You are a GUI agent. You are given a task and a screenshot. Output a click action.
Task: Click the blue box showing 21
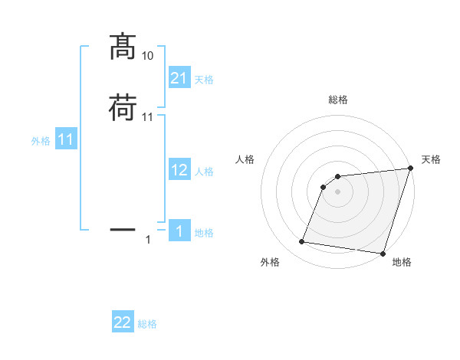179,77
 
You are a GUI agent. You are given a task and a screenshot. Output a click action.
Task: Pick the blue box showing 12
179,170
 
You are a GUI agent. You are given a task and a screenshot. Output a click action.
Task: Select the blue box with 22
123,322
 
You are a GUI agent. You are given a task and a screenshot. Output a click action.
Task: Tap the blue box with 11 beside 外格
65,140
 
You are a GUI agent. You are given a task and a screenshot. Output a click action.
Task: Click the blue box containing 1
179,231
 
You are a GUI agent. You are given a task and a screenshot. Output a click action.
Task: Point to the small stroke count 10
148,56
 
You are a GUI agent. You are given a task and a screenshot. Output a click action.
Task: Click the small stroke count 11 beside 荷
148,117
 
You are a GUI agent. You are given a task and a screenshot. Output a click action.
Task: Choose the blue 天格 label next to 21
204,80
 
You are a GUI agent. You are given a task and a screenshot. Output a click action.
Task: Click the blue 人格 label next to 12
204,172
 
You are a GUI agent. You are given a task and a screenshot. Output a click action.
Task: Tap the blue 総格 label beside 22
147,325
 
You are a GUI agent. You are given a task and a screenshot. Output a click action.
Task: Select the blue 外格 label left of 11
41,142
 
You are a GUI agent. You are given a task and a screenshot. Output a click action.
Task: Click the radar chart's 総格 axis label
338,100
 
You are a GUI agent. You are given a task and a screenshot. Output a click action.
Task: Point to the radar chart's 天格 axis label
432,159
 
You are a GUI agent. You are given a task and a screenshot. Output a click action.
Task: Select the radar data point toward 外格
302,242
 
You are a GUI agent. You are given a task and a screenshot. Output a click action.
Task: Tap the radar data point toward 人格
324,187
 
